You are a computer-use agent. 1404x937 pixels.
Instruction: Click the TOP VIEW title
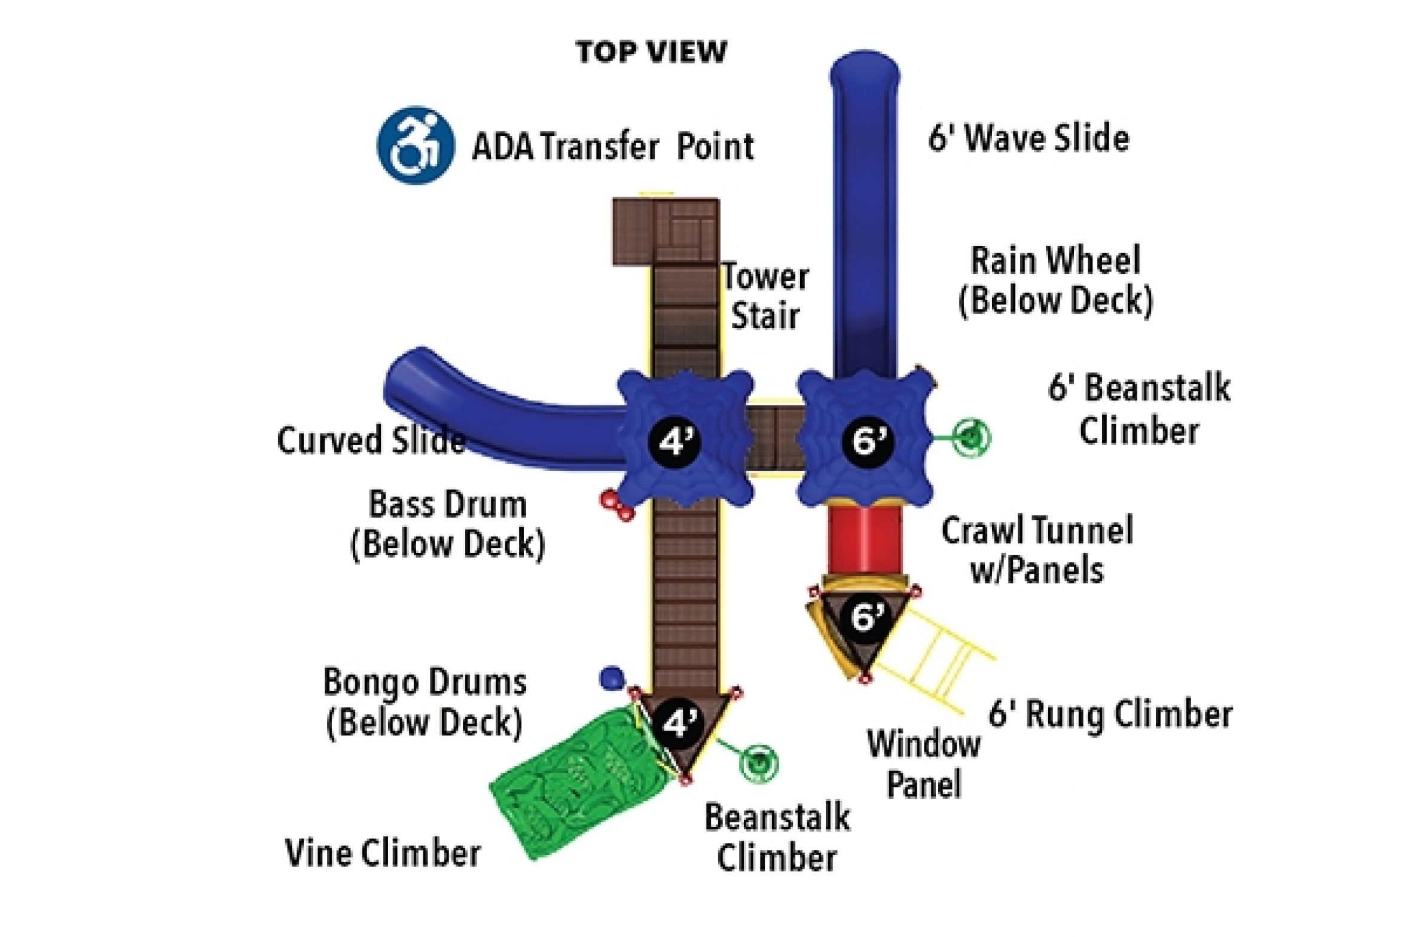(x=651, y=52)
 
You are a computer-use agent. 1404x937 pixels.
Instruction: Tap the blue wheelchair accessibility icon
(x=415, y=145)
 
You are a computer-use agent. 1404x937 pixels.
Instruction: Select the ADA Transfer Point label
(x=613, y=147)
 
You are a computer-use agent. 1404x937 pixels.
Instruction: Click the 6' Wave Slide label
(x=1028, y=138)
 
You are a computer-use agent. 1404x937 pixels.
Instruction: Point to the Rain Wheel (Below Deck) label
(x=1055, y=280)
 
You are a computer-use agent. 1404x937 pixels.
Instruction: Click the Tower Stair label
(x=765, y=297)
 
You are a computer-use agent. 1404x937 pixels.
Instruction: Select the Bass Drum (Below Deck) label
(x=447, y=524)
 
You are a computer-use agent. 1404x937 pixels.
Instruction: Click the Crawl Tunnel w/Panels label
(x=1037, y=550)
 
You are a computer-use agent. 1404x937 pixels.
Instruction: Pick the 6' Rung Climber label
(x=1110, y=714)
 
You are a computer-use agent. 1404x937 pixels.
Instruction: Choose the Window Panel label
(x=924, y=764)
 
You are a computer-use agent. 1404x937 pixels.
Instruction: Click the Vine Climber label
(x=383, y=853)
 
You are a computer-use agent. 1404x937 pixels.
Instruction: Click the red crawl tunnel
(x=865, y=539)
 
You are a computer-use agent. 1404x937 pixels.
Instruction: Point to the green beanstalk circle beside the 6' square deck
(x=972, y=437)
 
